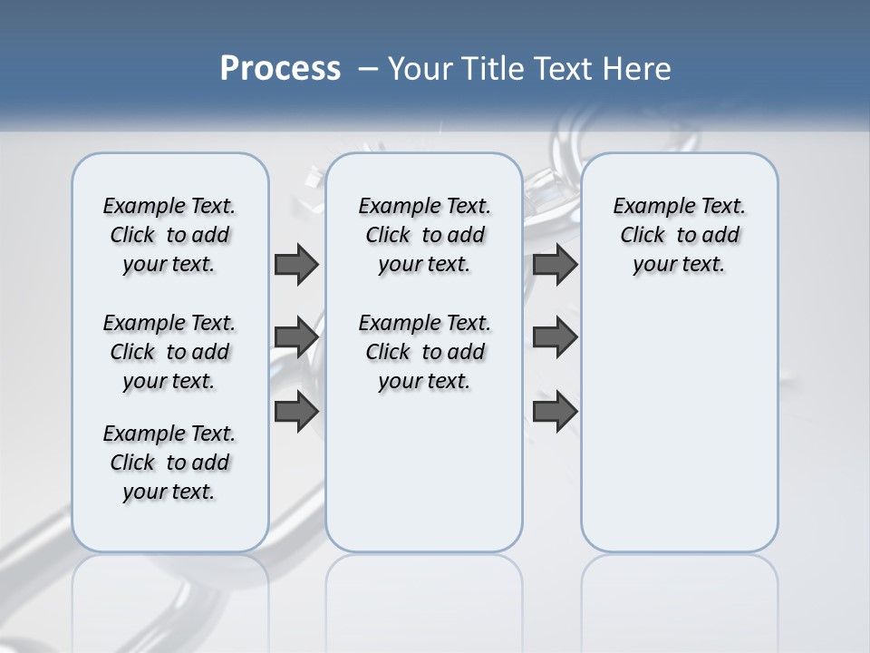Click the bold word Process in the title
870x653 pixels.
tap(280, 69)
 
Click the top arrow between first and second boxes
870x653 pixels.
tap(296, 264)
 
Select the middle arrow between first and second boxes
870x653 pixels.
tap(296, 337)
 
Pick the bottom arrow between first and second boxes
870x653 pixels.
tap(296, 411)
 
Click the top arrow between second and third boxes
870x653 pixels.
tap(556, 264)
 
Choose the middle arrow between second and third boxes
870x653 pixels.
tap(556, 337)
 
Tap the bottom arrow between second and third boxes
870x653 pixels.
tap(556, 411)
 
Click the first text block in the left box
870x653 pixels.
tap(169, 235)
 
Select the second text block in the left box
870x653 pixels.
tap(169, 352)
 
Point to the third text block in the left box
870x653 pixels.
tap(169, 463)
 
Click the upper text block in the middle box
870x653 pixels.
tap(424, 235)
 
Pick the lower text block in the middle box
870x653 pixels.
tap(424, 352)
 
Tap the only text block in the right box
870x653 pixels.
tap(679, 235)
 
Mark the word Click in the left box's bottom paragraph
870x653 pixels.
tap(132, 463)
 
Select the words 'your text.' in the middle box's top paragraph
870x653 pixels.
tap(424, 265)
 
